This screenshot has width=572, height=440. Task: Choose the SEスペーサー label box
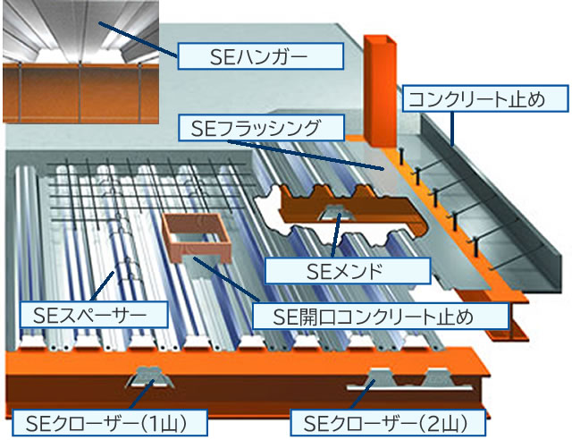click(x=95, y=313)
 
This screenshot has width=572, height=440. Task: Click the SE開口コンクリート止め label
click(x=379, y=316)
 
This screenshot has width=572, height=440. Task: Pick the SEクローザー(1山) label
click(x=109, y=420)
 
